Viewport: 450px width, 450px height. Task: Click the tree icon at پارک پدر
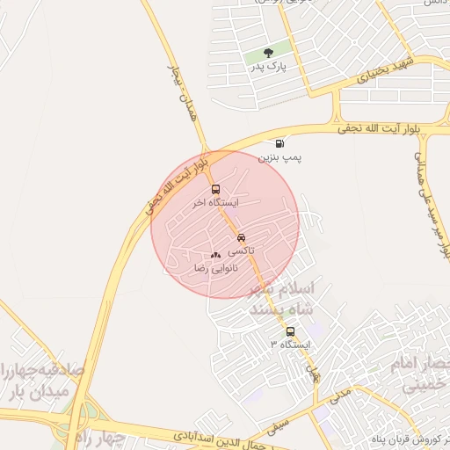pyautogui.click(x=269, y=53)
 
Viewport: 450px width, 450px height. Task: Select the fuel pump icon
pyautogui.click(x=279, y=143)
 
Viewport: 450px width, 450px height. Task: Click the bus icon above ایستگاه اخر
pyautogui.click(x=215, y=189)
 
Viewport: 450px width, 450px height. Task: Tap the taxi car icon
pyautogui.click(x=241, y=238)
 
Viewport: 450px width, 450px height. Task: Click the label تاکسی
pyautogui.click(x=241, y=251)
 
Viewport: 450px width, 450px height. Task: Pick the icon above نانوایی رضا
pyautogui.click(x=215, y=255)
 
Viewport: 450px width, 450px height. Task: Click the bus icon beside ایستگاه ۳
pyautogui.click(x=291, y=331)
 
